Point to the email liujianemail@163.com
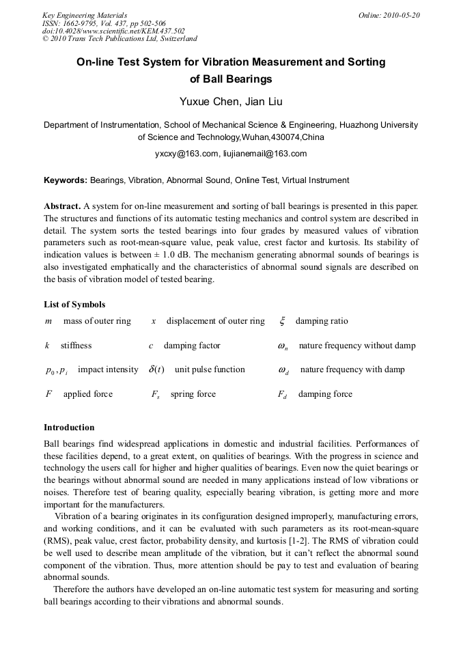pyautogui.click(x=265, y=154)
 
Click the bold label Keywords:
pyautogui.click(x=66, y=180)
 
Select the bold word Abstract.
pyautogui.click(x=62, y=206)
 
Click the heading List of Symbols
pyautogui.click(x=74, y=305)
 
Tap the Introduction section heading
pyautogui.click(x=69, y=428)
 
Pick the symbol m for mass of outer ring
pyautogui.click(x=48, y=321)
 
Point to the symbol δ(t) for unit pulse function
pyautogui.click(x=156, y=370)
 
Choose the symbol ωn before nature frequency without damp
pyautogui.click(x=283, y=346)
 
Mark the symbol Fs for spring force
pyautogui.click(x=156, y=395)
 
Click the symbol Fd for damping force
pyautogui.click(x=283, y=395)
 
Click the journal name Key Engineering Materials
pyautogui.click(x=84, y=15)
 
